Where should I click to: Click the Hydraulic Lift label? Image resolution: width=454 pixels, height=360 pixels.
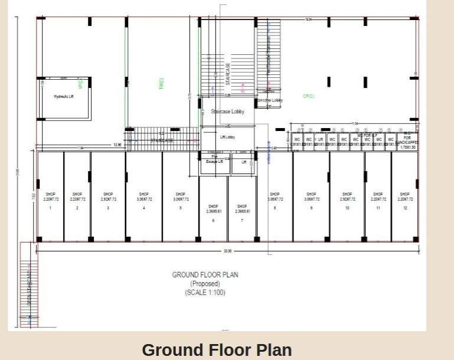[64, 96]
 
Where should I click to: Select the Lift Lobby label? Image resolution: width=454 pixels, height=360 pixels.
[227, 137]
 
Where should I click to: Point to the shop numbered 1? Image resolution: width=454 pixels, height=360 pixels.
[51, 208]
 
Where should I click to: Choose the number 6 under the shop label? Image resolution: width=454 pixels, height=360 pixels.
[213, 220]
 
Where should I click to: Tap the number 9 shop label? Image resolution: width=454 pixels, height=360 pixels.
[312, 208]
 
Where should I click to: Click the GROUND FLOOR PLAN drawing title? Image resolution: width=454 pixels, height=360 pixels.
[205, 274]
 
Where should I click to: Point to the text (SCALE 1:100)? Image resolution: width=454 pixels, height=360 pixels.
[205, 292]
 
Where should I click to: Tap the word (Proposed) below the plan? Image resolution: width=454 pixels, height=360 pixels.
[205, 283]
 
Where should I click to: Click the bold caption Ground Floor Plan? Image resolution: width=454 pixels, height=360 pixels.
[217, 349]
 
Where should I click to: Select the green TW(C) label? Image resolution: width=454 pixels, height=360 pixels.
[161, 84]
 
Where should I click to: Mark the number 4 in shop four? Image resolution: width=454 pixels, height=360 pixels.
[144, 208]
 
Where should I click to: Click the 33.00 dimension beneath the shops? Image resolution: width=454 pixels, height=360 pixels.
[227, 251]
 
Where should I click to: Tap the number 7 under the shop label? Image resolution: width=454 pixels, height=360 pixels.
[242, 220]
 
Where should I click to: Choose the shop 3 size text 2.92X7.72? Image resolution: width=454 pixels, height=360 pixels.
[108, 199]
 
